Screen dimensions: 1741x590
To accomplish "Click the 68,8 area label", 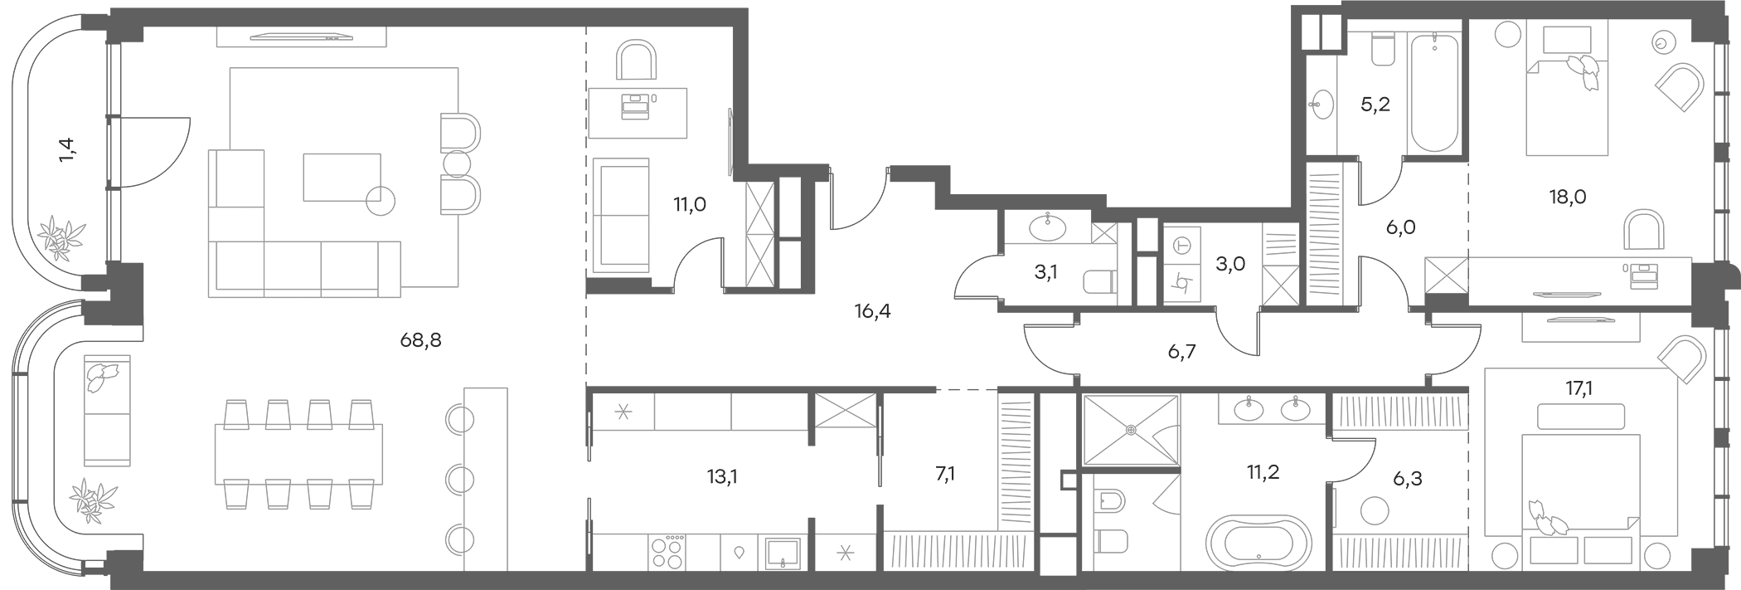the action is point(420,339).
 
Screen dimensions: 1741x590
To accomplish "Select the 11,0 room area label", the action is point(690,204).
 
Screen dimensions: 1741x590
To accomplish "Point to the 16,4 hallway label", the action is point(873,312).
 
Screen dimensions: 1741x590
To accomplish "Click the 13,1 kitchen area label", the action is point(722,476).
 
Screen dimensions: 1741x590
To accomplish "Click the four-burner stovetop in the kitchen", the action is point(668,552).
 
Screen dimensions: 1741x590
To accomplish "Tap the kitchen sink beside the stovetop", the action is point(783,552).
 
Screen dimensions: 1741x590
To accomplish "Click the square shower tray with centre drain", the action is point(1131,430).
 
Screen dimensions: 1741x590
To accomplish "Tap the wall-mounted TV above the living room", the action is point(302,36).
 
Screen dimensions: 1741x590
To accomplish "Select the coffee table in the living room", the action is point(342,177).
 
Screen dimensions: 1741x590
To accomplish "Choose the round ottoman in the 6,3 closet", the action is point(1374,510).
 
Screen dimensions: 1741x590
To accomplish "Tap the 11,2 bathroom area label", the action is point(1263,472).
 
